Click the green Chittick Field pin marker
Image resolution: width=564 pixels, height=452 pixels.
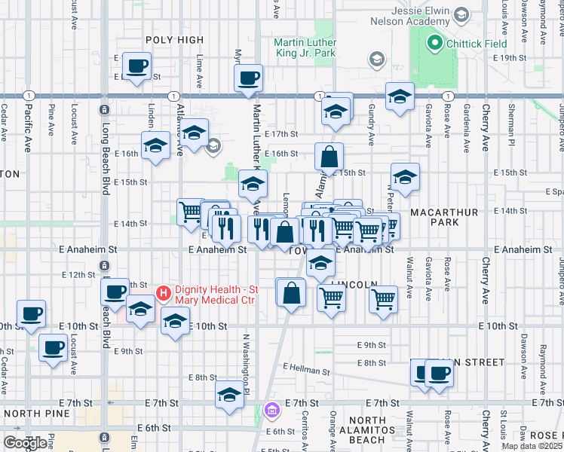click(x=434, y=44)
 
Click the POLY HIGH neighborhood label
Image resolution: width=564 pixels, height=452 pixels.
click(x=175, y=40)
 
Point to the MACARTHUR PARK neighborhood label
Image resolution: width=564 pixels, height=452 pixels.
click(x=444, y=218)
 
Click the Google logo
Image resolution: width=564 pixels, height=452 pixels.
click(x=25, y=443)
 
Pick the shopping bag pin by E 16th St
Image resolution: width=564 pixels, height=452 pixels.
click(x=329, y=157)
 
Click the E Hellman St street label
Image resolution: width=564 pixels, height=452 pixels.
click(x=307, y=368)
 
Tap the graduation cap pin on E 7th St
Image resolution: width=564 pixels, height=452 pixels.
click(x=230, y=394)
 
